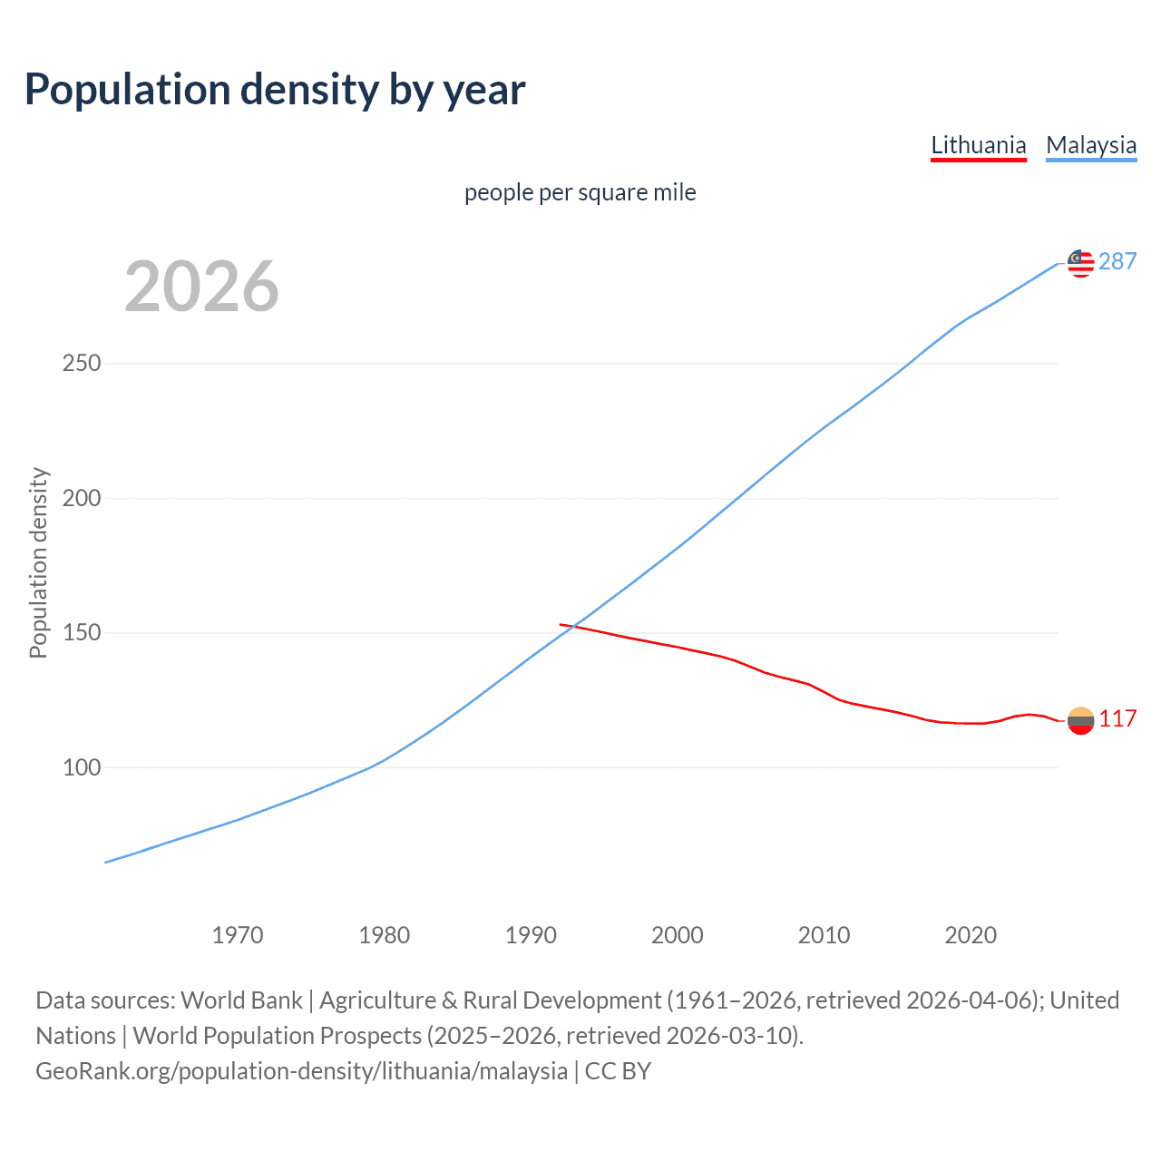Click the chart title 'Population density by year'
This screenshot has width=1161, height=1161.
[x=275, y=90]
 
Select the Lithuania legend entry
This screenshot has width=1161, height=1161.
[x=978, y=145]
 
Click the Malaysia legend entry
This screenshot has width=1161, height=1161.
[x=1091, y=145]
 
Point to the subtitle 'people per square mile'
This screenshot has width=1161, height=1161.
[x=580, y=192]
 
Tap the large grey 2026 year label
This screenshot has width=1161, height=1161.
[x=201, y=287]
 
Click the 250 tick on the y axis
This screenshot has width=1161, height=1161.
[x=82, y=364]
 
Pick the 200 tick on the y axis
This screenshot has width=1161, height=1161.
[x=82, y=498]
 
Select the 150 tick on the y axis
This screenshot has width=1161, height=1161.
[x=82, y=632]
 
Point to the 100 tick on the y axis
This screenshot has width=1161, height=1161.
[x=82, y=767]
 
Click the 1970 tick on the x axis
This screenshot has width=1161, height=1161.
[x=238, y=935]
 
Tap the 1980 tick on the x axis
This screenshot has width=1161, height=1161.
[x=385, y=935]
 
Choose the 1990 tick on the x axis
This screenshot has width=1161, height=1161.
[x=531, y=935]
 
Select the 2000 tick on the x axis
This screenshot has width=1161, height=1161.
[x=678, y=935]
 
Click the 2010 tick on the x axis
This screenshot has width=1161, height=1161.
[x=824, y=935]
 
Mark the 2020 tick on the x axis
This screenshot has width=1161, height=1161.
[x=971, y=935]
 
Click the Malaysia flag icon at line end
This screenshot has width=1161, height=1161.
[x=1080, y=263]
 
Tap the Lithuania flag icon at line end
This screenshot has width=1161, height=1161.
[x=1080, y=720]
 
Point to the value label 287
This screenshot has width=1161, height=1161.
[x=1117, y=262]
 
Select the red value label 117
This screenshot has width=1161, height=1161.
[x=1117, y=719]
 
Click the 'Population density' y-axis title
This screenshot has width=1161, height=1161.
[x=38, y=562]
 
